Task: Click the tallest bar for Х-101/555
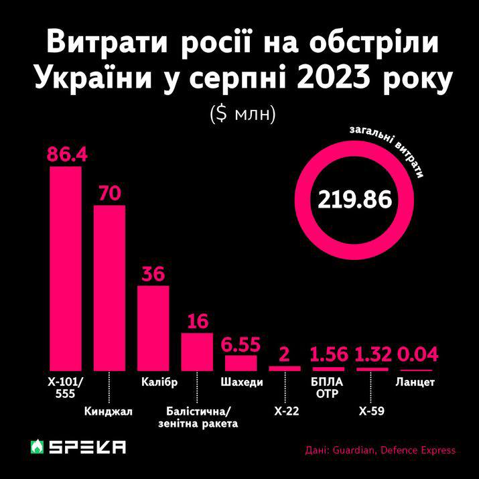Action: coord(66,268)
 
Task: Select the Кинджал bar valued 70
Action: coord(109,288)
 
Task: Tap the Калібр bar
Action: coord(153,328)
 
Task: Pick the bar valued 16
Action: coord(197,351)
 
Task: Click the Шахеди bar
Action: coord(241,362)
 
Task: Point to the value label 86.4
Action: coord(67,154)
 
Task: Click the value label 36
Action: coord(153,274)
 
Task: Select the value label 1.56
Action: coord(328,354)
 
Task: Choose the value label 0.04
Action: coord(416,354)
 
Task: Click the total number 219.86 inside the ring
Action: coord(354,200)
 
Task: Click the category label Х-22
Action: coord(285,413)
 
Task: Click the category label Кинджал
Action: coord(110,411)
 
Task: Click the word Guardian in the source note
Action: coord(353,450)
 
